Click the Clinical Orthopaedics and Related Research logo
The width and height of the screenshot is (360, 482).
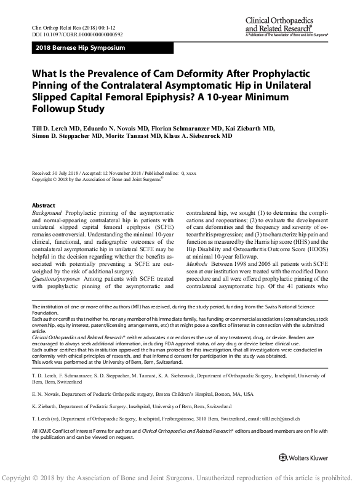(289, 26)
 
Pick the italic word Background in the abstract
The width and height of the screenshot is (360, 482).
(47, 211)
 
